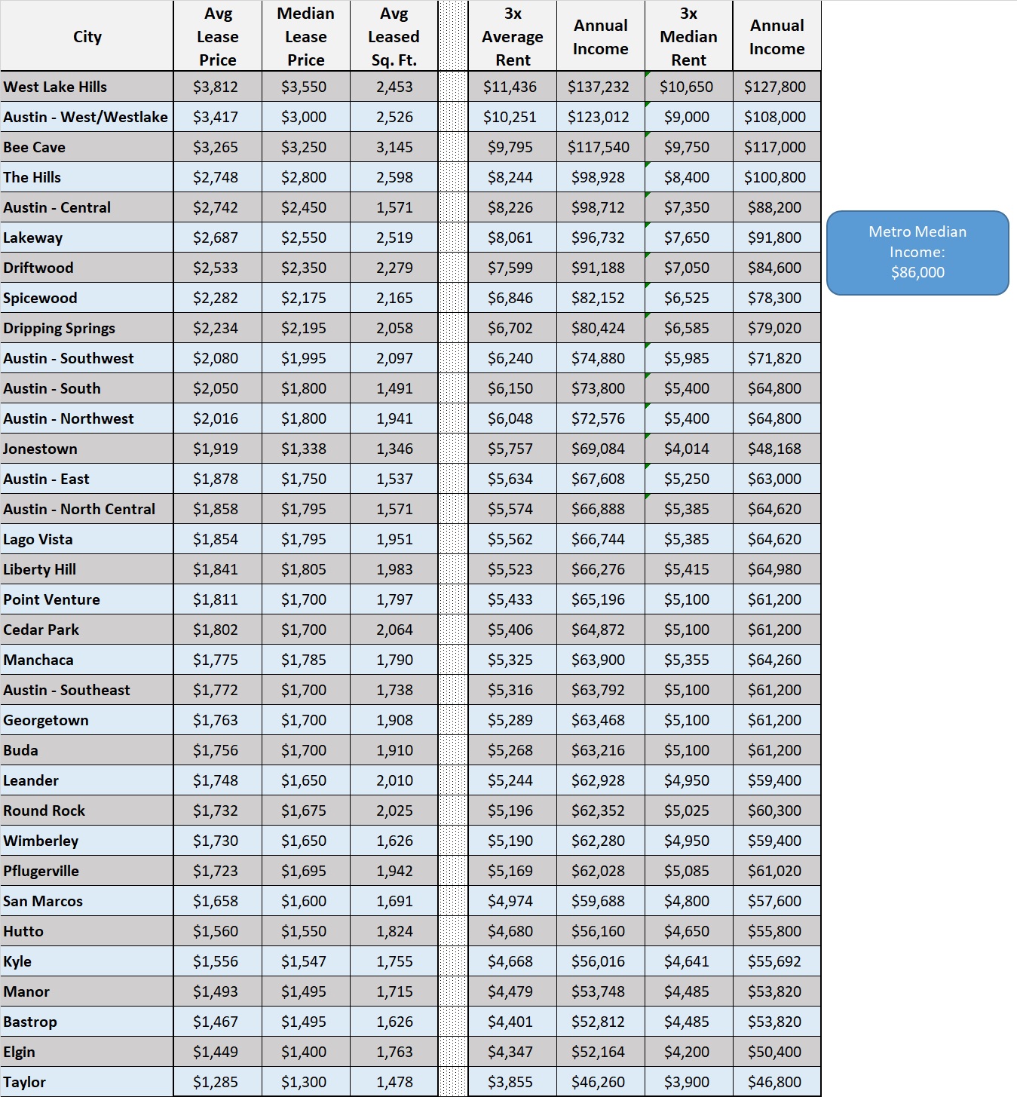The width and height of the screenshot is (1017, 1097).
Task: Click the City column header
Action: point(87,36)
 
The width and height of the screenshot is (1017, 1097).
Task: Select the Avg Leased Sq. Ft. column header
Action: point(394,36)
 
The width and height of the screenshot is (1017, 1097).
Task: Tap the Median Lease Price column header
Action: point(305,36)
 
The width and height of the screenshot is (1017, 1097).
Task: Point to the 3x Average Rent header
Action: point(513,36)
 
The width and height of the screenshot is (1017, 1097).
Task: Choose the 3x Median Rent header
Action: point(688,36)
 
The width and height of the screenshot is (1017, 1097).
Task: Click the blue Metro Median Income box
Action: point(917,252)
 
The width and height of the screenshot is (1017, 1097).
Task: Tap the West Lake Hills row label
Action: point(55,87)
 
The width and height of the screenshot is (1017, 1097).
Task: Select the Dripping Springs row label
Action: point(59,328)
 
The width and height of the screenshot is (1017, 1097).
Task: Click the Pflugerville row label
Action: point(41,871)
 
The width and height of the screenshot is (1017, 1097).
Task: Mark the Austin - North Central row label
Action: point(79,509)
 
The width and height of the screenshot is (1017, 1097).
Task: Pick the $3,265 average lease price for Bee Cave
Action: point(216,147)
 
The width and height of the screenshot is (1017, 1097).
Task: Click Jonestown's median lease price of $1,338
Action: point(304,449)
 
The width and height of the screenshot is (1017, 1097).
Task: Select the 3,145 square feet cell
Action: point(394,147)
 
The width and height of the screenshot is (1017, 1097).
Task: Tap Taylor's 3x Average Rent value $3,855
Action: point(510,1082)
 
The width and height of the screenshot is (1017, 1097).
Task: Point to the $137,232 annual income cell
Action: point(599,87)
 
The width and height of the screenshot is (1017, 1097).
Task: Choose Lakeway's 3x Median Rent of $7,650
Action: point(687,237)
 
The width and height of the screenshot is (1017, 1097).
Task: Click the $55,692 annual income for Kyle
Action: point(775,961)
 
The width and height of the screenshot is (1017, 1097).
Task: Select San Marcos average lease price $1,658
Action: point(216,901)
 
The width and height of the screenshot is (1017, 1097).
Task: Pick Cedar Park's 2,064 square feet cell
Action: point(394,630)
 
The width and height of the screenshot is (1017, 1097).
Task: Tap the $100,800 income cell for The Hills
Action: point(775,177)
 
